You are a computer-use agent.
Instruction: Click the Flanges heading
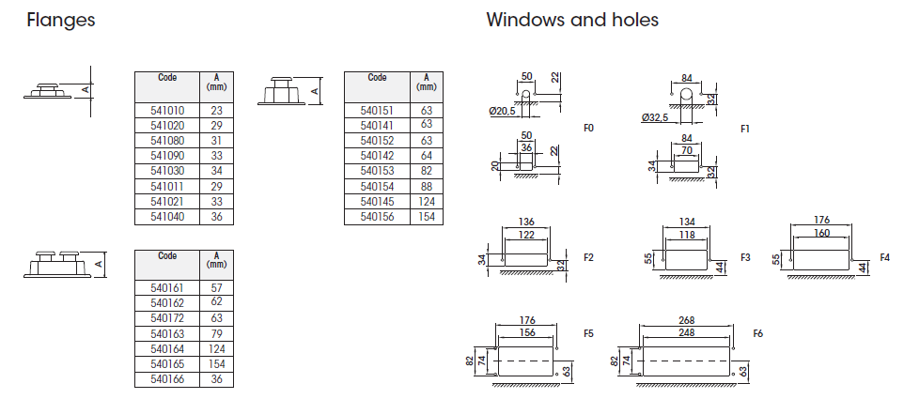click(x=61, y=20)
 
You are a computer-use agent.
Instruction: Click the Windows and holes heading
click(x=572, y=20)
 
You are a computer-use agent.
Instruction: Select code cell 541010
click(x=167, y=111)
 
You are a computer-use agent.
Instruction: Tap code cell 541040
click(x=167, y=217)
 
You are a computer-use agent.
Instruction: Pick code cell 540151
click(x=377, y=111)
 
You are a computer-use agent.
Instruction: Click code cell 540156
click(x=377, y=217)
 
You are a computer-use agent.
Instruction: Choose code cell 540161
click(x=167, y=288)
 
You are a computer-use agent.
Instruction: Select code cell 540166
click(x=167, y=379)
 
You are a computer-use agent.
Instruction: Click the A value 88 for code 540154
click(x=427, y=187)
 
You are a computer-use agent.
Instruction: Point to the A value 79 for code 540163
click(x=217, y=333)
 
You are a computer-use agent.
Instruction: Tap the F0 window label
click(x=589, y=128)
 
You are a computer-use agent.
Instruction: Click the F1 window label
click(x=744, y=128)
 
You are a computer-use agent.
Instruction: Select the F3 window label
click(x=745, y=256)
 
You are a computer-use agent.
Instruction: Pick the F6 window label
click(x=758, y=333)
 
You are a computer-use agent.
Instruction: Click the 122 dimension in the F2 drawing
click(x=526, y=235)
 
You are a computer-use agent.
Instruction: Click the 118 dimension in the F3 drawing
click(x=687, y=235)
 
